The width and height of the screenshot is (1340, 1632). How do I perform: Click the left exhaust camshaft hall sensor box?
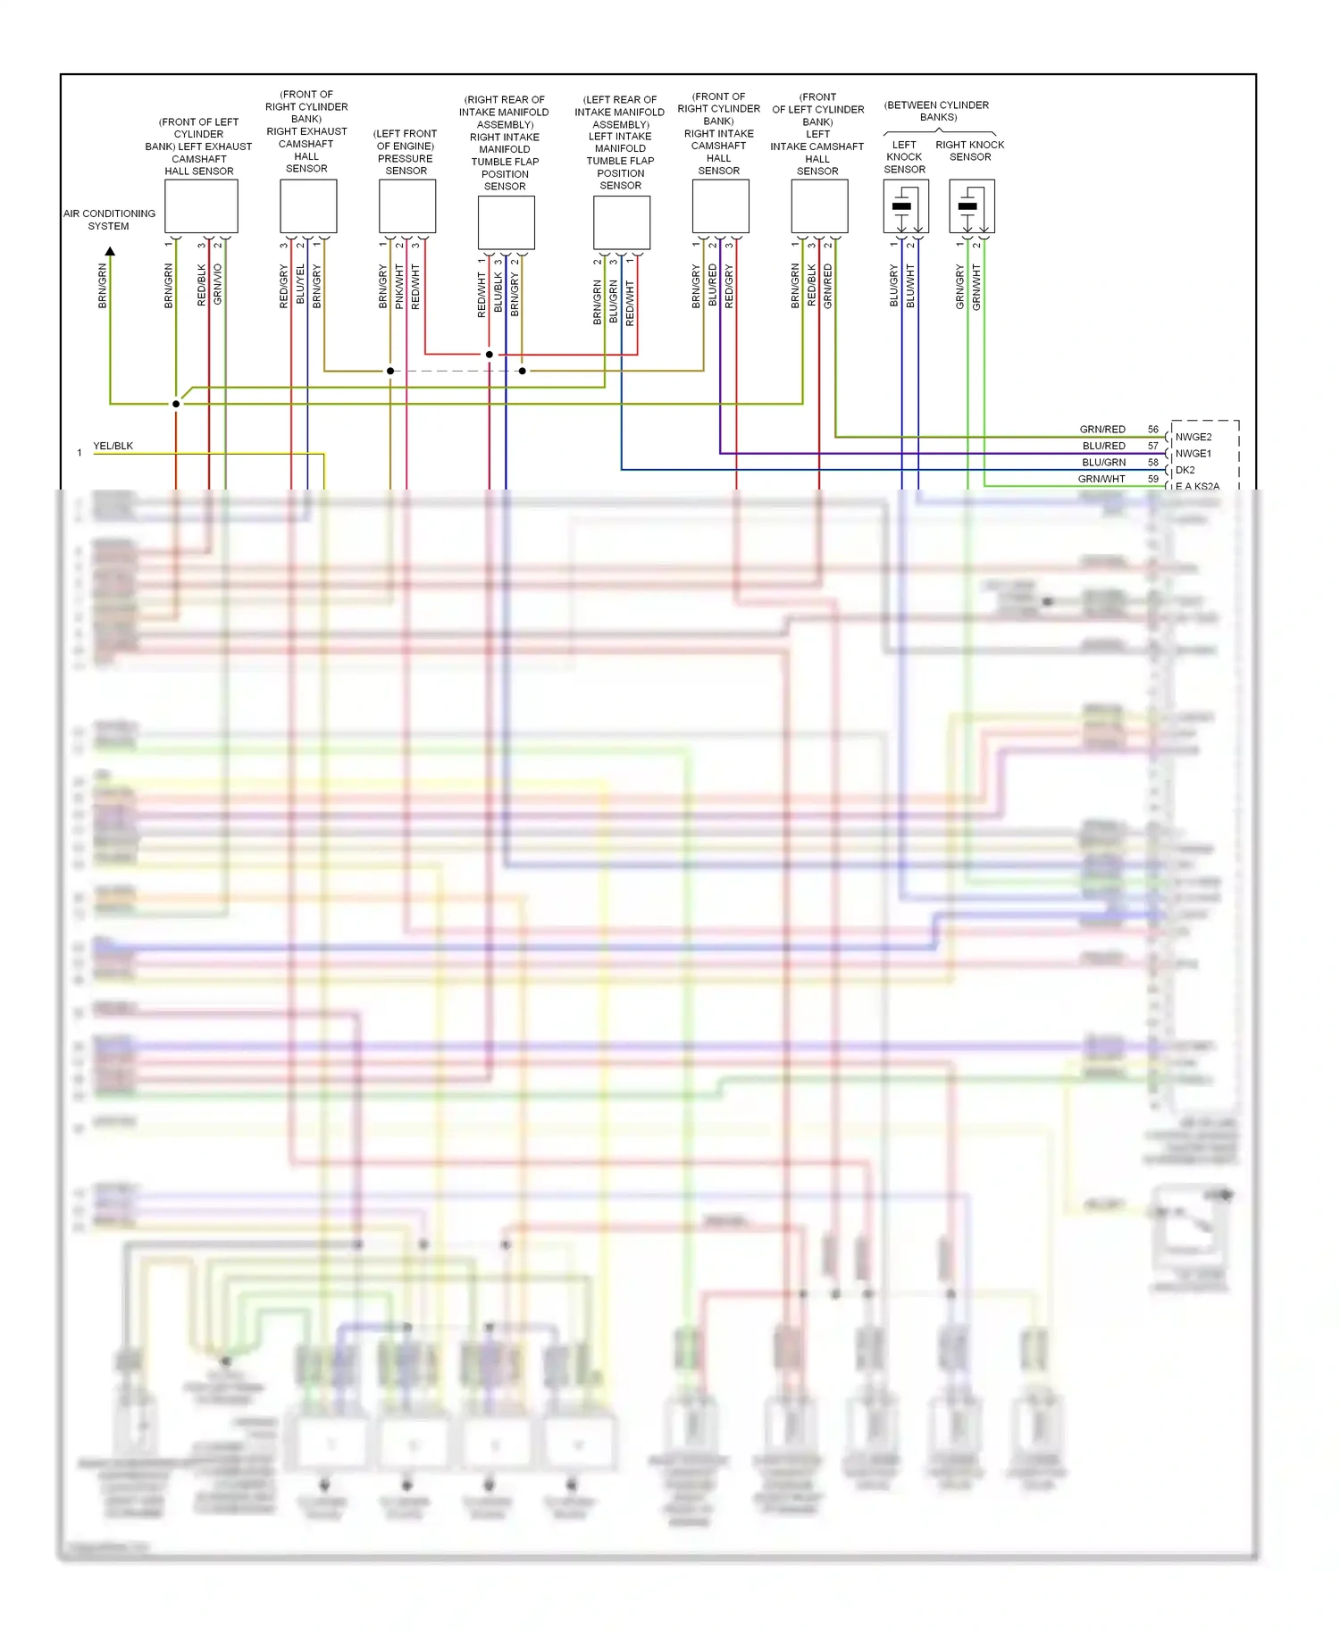tap(201, 205)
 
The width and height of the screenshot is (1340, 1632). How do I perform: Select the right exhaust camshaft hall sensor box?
tap(308, 205)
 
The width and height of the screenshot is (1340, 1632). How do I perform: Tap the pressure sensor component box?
tap(407, 205)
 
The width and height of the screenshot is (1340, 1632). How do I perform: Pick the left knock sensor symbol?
tap(905, 206)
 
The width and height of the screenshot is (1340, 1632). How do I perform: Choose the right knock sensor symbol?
tap(971, 206)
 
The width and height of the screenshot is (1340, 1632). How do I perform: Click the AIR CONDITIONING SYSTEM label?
tap(109, 220)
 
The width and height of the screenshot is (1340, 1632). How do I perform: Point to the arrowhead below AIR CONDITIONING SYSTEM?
tap(110, 252)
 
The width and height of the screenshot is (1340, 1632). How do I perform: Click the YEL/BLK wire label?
tap(113, 446)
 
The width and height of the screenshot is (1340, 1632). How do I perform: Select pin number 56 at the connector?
tap(1152, 430)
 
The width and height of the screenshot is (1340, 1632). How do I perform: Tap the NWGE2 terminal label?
tap(1193, 437)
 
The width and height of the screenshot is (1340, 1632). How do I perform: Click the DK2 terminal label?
tap(1185, 470)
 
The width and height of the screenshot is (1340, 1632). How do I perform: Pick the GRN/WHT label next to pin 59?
tap(1101, 479)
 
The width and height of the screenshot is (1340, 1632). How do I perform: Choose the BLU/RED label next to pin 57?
tap(1103, 446)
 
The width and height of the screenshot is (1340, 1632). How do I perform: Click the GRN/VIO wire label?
tap(218, 285)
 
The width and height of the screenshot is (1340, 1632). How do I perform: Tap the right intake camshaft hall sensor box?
tap(720, 205)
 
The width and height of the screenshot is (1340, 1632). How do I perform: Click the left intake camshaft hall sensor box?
tap(819, 205)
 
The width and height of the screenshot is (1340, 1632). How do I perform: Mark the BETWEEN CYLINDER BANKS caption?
tap(937, 111)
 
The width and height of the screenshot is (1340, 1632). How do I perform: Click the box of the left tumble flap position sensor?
tap(622, 222)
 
